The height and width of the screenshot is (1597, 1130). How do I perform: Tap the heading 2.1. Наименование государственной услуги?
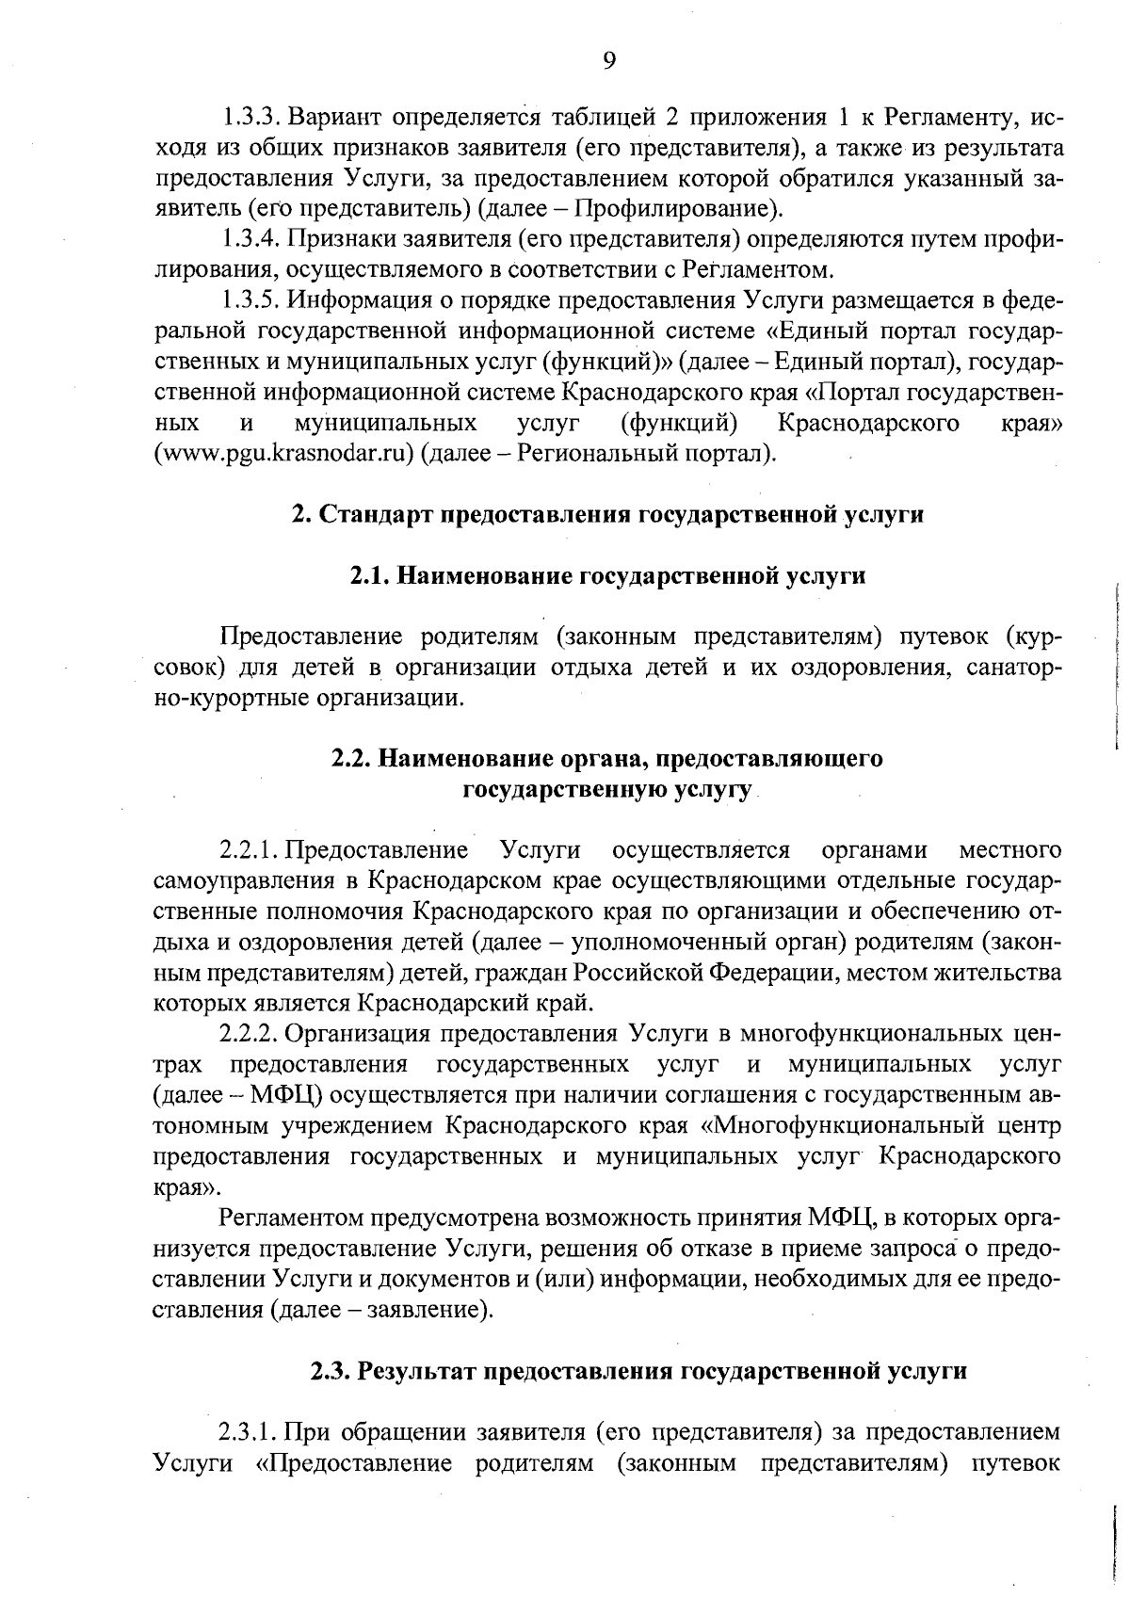[x=607, y=575]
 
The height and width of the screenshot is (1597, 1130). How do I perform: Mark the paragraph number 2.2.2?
[x=250, y=1034]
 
